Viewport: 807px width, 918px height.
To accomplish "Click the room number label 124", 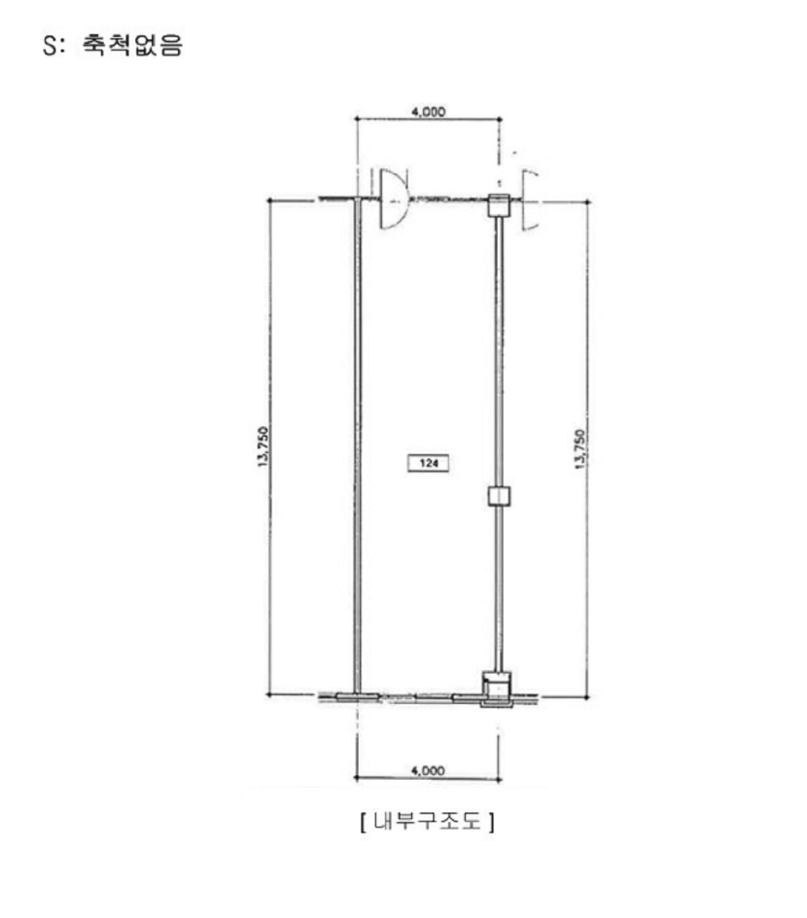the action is point(429,463).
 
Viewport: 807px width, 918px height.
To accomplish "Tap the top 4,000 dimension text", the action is point(429,111).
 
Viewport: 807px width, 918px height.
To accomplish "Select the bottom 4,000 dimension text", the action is point(428,770).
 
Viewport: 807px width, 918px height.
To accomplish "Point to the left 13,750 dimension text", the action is point(263,446).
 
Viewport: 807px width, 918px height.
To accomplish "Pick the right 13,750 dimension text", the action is point(579,449).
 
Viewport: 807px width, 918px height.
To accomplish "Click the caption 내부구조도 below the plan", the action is point(428,822).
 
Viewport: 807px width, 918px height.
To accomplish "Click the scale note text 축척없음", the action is point(132,45).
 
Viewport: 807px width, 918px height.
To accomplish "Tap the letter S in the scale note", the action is point(50,46).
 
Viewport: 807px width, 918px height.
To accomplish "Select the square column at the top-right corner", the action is point(499,205).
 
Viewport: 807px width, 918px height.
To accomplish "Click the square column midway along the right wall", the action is point(499,495).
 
